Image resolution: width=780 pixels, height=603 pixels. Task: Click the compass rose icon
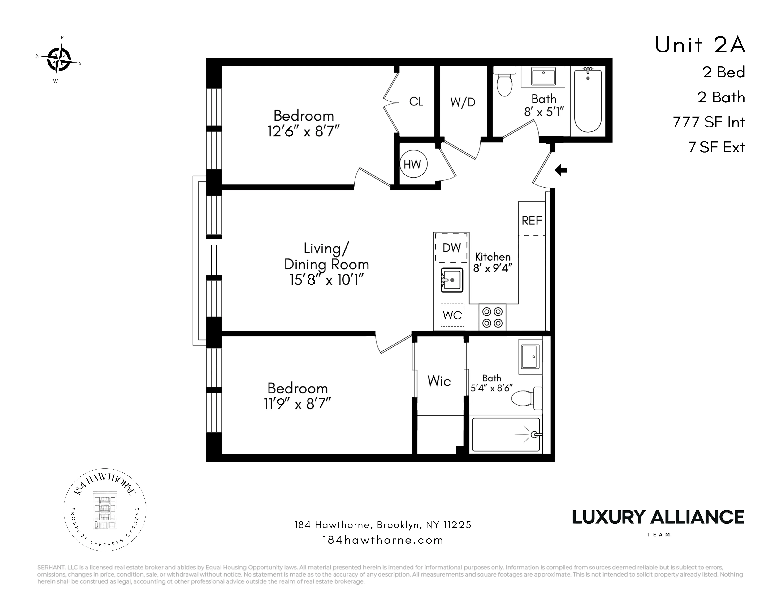point(59,59)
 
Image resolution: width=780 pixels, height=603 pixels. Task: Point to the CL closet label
point(416,102)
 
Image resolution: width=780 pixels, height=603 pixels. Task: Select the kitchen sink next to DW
point(452,280)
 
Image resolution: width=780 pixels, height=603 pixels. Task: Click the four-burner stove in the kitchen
point(492,317)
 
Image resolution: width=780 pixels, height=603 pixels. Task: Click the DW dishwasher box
point(451,248)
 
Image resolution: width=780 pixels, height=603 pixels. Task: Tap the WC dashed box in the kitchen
point(452,315)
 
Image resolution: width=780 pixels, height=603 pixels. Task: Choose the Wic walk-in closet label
point(439,381)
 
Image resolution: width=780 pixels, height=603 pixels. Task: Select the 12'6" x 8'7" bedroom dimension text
point(303,132)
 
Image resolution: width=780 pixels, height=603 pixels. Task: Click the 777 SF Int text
point(709,122)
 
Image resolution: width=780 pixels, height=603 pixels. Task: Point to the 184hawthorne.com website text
point(383,540)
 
